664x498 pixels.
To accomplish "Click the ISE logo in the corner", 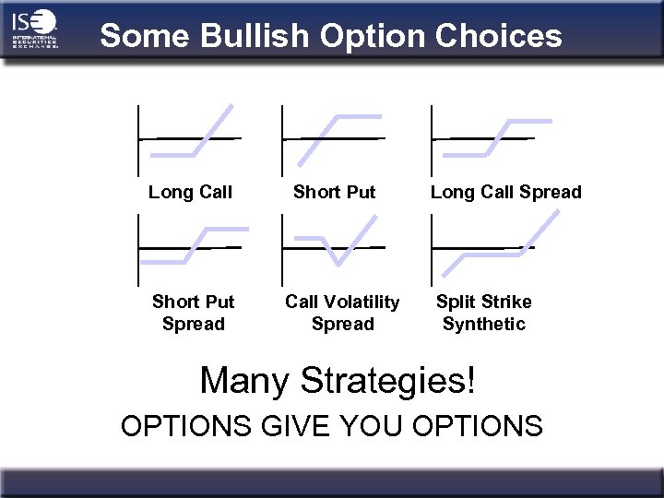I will tap(35, 30).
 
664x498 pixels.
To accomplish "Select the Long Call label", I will tap(190, 192).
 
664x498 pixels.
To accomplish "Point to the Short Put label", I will tap(334, 192).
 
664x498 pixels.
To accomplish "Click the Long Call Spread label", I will tap(505, 192).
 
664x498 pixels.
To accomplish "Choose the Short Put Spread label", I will tap(193, 313).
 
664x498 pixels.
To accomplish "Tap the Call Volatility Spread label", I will tap(342, 313).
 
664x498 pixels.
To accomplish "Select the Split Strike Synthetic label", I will tap(483, 313).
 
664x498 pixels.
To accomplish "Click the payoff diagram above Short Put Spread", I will tap(192, 246).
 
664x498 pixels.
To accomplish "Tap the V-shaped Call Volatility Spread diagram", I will tap(334, 244).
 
